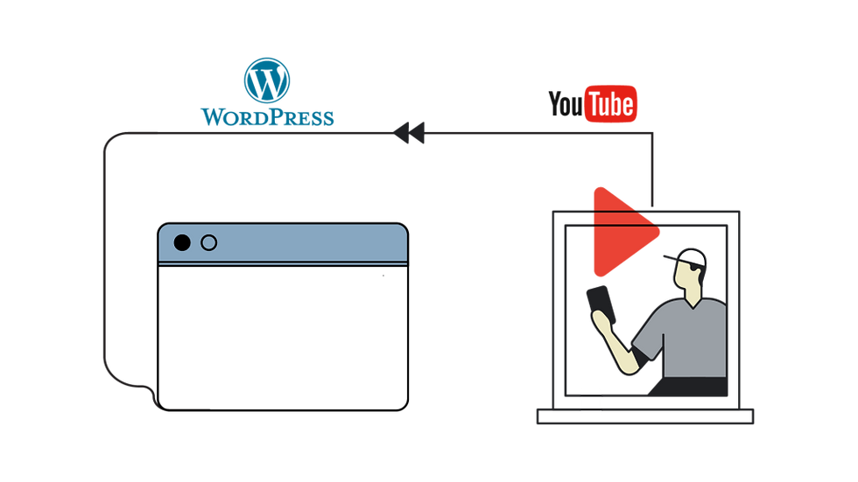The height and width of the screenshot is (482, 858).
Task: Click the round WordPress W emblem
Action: pos(266,80)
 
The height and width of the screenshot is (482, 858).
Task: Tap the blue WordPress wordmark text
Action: pos(266,117)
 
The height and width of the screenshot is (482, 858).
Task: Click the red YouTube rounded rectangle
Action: pos(612,103)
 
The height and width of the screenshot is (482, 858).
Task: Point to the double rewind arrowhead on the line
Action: pos(410,134)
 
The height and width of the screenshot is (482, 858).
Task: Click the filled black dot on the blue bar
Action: pos(181,243)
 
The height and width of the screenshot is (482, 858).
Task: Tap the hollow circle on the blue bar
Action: pos(208,243)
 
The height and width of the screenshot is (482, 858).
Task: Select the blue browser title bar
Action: pos(298,245)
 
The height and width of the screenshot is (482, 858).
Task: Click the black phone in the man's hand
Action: pos(600,302)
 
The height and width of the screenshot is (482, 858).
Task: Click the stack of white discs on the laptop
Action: pos(592,402)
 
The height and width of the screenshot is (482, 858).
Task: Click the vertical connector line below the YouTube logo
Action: pos(654,166)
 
